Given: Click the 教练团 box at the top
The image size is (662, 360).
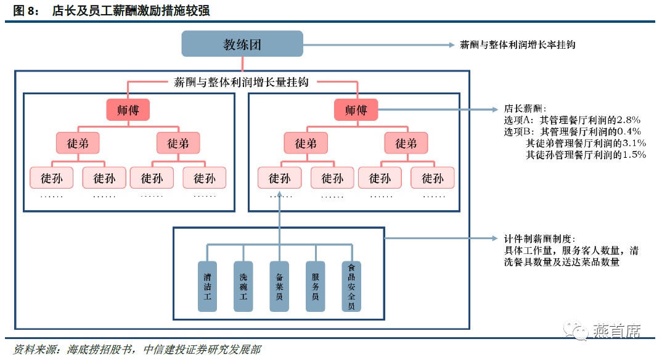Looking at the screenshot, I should [x=242, y=44].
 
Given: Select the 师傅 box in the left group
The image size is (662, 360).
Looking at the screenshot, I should [x=128, y=110].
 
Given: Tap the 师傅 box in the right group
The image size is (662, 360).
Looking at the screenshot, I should [x=356, y=110].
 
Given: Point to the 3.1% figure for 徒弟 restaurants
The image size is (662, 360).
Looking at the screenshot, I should [x=632, y=143].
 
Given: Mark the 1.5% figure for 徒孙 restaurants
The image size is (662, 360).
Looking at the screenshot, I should [x=632, y=155].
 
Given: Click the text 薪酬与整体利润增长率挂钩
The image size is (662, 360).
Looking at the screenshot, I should [x=518, y=45].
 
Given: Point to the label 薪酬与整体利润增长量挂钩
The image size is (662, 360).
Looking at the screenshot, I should [x=242, y=81].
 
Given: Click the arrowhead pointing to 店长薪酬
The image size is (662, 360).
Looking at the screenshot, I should [x=494, y=110].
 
